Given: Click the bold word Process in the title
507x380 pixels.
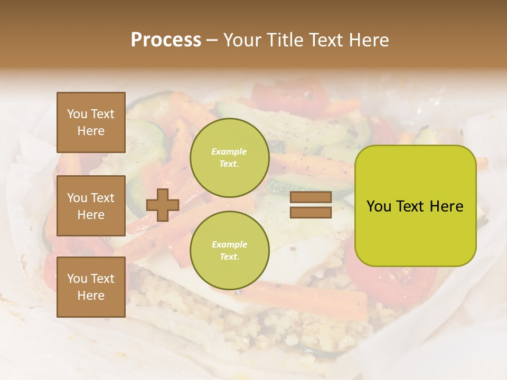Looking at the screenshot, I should (x=166, y=40).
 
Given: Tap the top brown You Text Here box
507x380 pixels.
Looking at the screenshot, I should (x=91, y=122).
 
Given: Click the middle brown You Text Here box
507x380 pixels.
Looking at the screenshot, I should (x=91, y=206).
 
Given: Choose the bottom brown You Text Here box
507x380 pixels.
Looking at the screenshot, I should (x=91, y=287).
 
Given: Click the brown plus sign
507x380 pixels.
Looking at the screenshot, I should (x=163, y=205).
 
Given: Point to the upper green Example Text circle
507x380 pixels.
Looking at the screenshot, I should (x=229, y=157).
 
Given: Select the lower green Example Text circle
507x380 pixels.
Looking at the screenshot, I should (x=229, y=250).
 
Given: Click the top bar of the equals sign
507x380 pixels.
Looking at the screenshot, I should (x=311, y=197).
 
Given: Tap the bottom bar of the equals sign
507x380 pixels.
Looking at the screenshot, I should (x=311, y=213).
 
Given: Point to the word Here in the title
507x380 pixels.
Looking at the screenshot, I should (x=368, y=40).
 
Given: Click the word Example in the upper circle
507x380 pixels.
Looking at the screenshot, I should (x=229, y=151).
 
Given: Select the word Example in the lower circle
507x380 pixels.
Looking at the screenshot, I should (x=229, y=244).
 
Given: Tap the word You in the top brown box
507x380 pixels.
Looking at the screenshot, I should (x=77, y=114).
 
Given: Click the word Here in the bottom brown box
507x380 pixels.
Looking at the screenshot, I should (x=91, y=296).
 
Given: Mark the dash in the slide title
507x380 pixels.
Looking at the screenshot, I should (x=212, y=40).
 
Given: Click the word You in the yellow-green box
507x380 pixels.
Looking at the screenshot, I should (x=379, y=206).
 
